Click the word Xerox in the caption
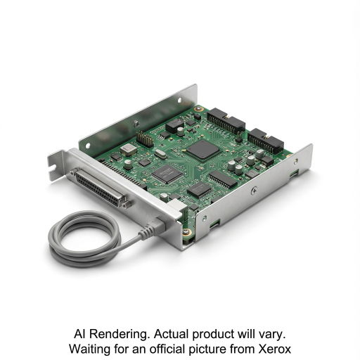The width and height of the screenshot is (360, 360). point(274,349)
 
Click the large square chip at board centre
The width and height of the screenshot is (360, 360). point(202,150)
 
